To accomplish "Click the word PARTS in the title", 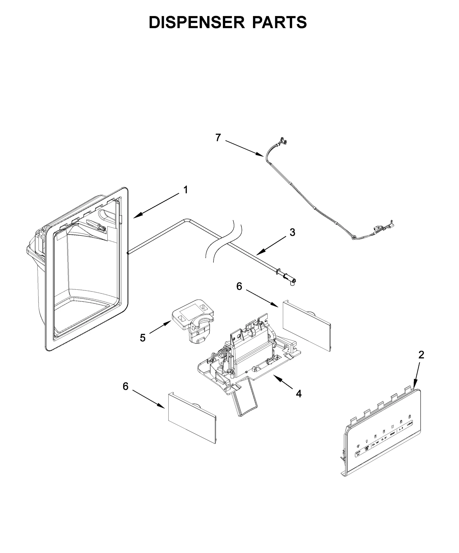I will point(279,22).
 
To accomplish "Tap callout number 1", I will point(186,190).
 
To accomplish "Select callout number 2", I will point(421,355).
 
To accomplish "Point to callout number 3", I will point(292,232).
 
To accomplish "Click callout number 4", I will point(299,394).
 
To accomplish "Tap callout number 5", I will point(143,338).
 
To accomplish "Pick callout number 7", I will point(218,138).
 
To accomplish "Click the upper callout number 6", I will point(239,286).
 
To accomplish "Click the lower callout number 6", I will point(126,386).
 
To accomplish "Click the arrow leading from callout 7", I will point(244,148).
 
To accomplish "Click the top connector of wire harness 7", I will point(282,140).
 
